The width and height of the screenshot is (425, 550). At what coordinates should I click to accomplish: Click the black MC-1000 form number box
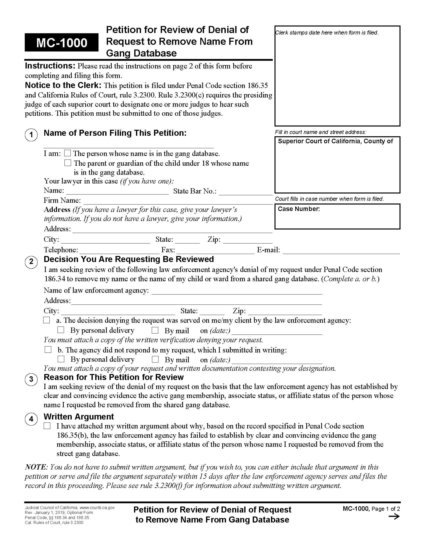[61, 42]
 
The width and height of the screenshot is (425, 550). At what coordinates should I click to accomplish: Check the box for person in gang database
[67, 153]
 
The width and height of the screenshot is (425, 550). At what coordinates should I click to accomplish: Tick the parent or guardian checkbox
[67, 163]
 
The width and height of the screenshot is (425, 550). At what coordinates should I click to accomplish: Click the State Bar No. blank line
[245, 192]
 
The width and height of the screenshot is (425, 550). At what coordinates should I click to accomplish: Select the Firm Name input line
[178, 201]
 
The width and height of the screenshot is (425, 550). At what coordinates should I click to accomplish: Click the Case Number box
[337, 216]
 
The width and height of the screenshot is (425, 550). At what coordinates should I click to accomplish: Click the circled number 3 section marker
[31, 379]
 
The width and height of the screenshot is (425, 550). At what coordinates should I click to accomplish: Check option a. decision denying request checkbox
[46, 320]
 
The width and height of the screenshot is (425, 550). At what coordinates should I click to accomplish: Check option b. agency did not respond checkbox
[48, 349]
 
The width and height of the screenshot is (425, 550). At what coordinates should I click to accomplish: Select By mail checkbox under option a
[155, 330]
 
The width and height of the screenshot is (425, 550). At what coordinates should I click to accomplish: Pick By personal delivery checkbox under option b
[61, 359]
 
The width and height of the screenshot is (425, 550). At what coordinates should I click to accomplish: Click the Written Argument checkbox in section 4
[47, 426]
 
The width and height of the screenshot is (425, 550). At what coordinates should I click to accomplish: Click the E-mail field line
[341, 251]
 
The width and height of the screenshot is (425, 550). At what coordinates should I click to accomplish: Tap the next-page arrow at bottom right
[394, 517]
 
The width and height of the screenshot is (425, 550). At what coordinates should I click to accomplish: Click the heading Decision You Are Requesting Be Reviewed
[129, 259]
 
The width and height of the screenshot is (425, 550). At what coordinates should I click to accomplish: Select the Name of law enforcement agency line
[237, 291]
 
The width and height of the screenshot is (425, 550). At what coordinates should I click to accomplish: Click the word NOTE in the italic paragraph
[36, 467]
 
